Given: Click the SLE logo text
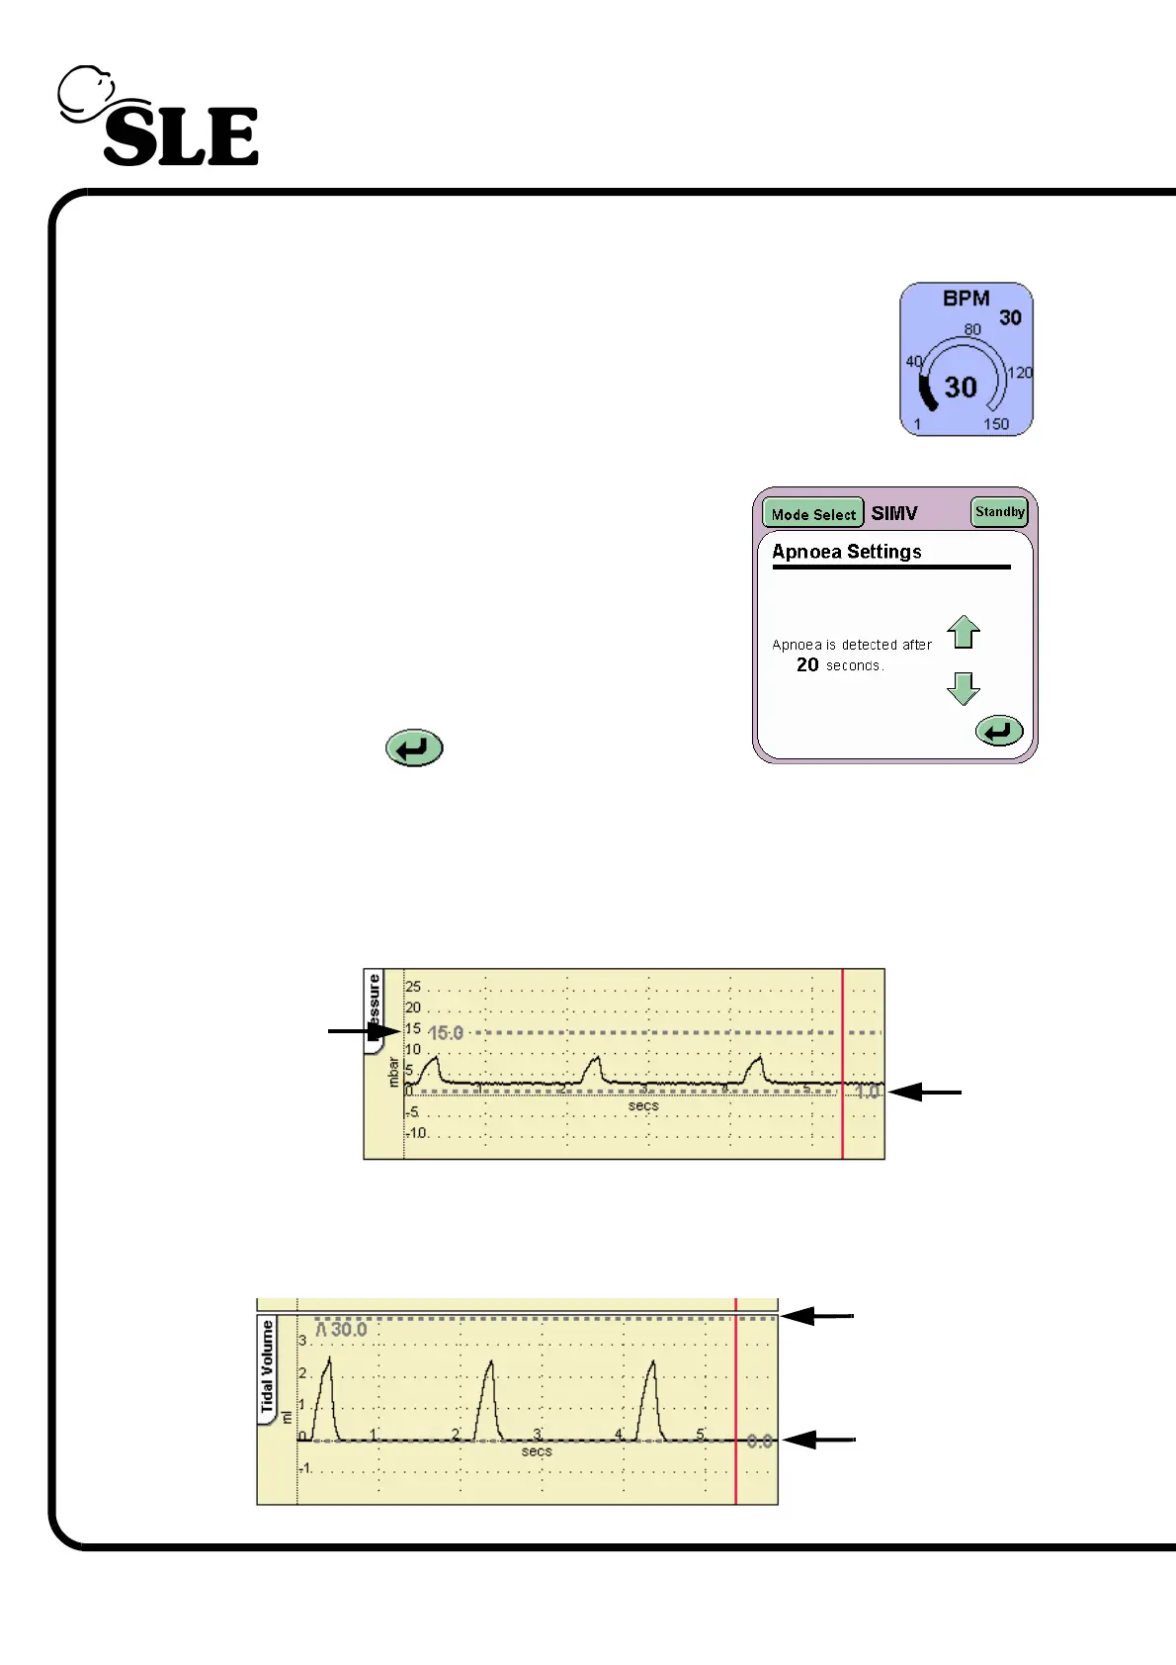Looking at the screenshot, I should (x=181, y=136).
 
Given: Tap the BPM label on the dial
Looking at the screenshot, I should (x=966, y=299).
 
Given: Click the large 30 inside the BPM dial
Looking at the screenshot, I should (x=961, y=387).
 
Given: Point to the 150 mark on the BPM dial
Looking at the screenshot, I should (x=996, y=424).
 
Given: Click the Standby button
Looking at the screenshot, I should (x=999, y=512).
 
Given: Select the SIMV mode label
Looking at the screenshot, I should (x=894, y=513).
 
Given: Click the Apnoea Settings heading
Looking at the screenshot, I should (x=847, y=552).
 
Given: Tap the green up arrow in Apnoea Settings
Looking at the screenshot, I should (x=964, y=632).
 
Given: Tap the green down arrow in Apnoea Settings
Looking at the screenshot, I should (x=964, y=687).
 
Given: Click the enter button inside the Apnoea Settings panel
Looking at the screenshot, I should (x=999, y=732).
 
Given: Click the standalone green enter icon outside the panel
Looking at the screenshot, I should (x=414, y=748).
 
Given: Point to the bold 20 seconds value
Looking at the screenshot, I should (x=807, y=665).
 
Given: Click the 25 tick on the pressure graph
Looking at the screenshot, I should (x=413, y=987).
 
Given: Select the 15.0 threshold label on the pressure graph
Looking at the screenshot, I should (x=445, y=1033).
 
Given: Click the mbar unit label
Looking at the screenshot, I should (x=393, y=1072).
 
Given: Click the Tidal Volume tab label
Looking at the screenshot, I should (x=267, y=1367).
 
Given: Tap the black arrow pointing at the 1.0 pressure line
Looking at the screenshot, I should (x=924, y=1093).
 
